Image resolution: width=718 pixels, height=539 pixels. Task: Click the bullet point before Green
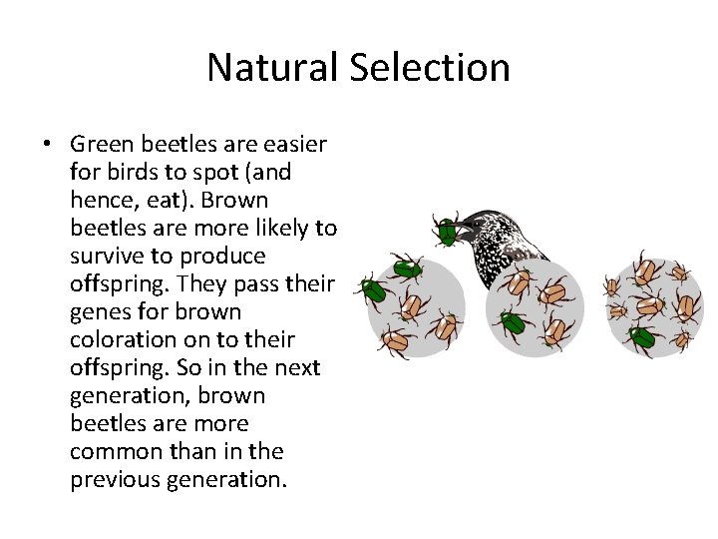point(48,145)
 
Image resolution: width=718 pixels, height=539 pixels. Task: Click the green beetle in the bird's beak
point(446,233)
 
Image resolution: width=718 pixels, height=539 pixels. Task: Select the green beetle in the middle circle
point(514,322)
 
